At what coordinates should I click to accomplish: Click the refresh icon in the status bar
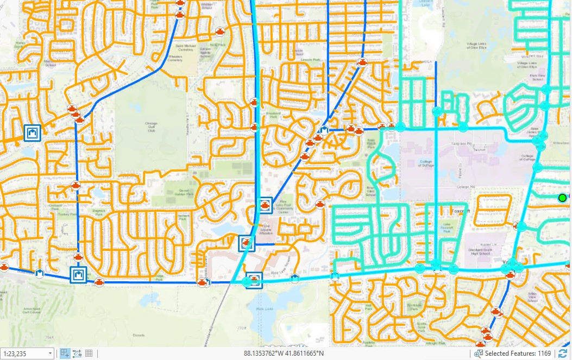[x=562, y=353]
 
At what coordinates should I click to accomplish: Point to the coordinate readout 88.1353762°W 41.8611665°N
[x=284, y=353]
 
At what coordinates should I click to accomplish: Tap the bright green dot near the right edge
[x=562, y=198]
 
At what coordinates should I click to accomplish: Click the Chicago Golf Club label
[x=151, y=127]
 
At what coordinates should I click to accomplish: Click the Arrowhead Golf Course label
[x=31, y=311]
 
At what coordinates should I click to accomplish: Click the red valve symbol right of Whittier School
[x=220, y=31]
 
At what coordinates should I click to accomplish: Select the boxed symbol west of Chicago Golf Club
[x=32, y=132]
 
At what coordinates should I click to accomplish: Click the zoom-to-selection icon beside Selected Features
[x=479, y=353]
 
